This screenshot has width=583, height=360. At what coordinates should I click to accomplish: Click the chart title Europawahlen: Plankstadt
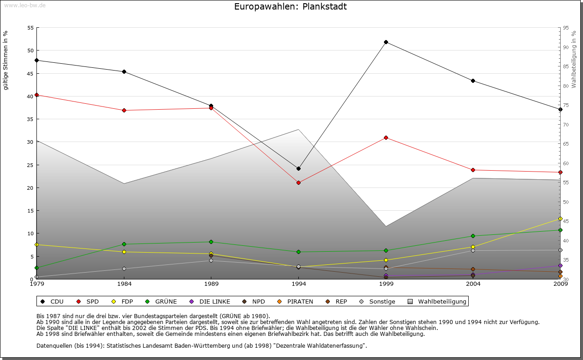coord(290,6)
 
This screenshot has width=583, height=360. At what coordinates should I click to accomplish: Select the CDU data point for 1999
coord(386,42)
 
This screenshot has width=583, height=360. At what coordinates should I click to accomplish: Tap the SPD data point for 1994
coord(298,183)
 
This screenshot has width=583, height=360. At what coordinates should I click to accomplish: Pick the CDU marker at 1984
coord(124,71)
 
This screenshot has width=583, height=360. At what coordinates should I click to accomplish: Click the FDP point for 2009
coord(560,218)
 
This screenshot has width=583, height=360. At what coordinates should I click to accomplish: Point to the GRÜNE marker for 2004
coord(473,236)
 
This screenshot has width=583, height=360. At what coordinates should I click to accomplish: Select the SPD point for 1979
coord(36,95)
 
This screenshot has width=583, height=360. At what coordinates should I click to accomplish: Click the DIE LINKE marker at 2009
coord(560,265)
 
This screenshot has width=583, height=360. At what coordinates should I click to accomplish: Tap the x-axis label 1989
coord(211,284)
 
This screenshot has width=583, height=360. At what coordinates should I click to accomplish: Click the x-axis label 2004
coord(473,284)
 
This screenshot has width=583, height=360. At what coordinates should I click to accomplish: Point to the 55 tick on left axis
coord(31,28)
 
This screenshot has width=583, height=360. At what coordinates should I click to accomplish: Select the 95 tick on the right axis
coord(566,28)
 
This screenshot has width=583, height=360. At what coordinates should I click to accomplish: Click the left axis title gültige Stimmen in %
coord(6,60)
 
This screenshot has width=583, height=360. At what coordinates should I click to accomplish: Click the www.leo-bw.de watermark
coord(25,5)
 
